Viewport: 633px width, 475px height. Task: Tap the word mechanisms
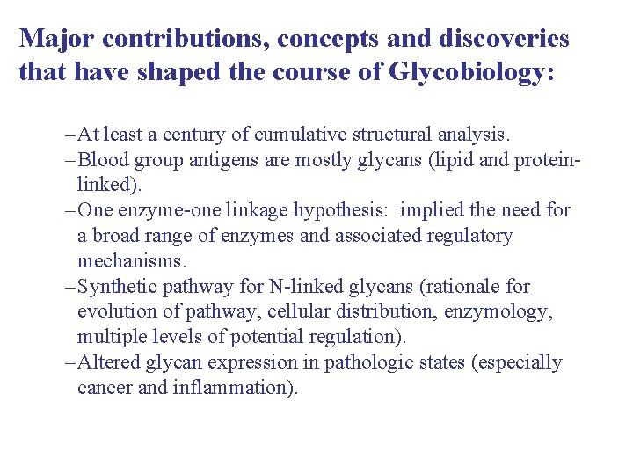(x=132, y=261)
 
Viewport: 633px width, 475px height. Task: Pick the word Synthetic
(x=114, y=287)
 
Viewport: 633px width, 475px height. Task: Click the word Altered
(x=107, y=362)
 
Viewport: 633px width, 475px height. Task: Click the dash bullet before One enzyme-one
(x=69, y=211)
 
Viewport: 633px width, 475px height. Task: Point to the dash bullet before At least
(x=69, y=135)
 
